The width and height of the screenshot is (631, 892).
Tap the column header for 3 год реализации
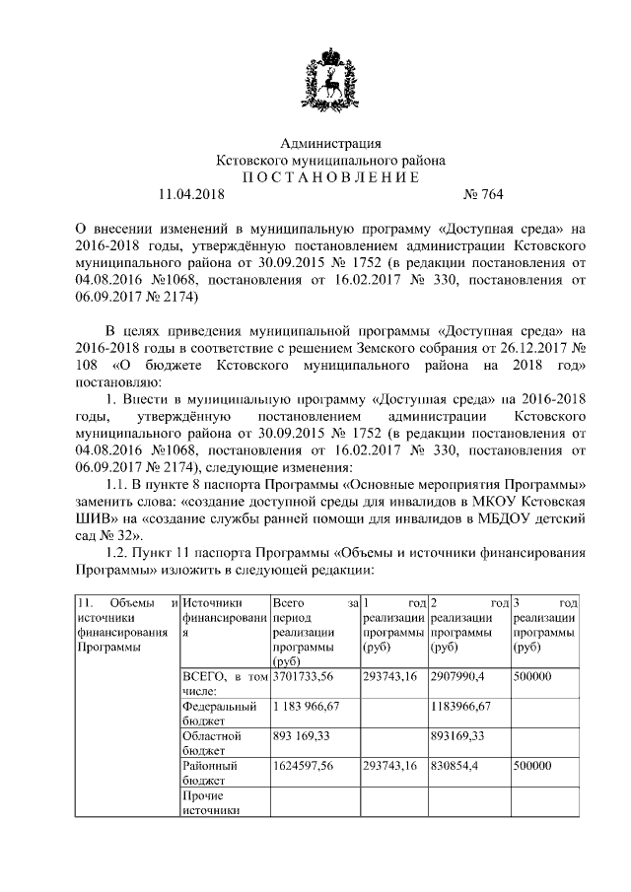tap(545, 625)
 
